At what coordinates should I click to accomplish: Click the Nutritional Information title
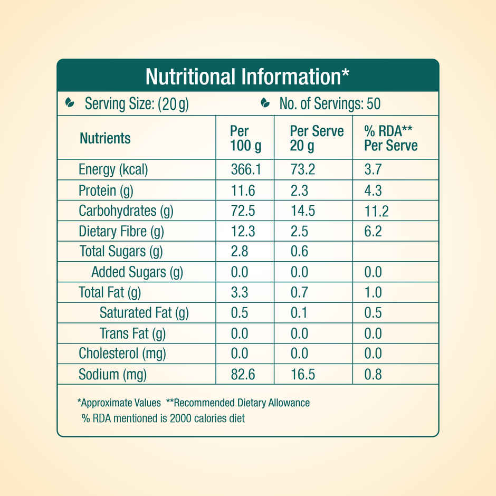(247, 77)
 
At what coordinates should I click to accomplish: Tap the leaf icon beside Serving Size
(69, 103)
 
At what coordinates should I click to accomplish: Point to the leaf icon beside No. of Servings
(265, 103)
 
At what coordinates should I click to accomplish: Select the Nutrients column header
(105, 138)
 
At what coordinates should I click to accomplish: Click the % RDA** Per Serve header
(390, 138)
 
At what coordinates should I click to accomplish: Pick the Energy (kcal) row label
(113, 170)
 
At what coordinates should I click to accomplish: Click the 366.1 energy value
(246, 170)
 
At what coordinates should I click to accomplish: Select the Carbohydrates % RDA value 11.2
(376, 211)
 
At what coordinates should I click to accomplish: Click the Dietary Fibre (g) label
(121, 232)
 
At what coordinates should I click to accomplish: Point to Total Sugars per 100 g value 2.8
(240, 252)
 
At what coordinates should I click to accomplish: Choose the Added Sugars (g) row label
(137, 272)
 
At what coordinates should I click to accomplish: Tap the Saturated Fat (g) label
(144, 313)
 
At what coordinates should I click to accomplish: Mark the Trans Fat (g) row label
(132, 333)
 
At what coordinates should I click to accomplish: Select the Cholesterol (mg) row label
(122, 354)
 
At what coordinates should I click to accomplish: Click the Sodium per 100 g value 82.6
(243, 375)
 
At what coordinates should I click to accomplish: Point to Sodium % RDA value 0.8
(373, 375)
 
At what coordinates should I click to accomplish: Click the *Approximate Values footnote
(119, 403)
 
